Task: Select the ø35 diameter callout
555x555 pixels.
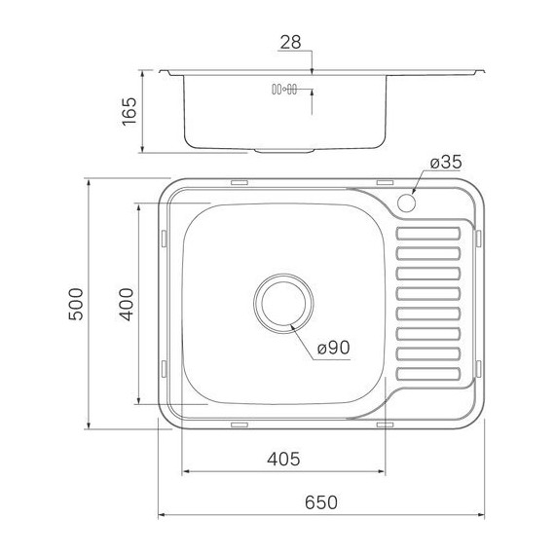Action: click(444, 162)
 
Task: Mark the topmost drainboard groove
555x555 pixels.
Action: click(427, 233)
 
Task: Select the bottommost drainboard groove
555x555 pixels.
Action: click(427, 372)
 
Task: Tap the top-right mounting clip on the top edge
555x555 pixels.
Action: click(384, 182)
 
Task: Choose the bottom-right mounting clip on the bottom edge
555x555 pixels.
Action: click(384, 425)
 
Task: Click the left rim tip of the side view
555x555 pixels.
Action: click(162, 71)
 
